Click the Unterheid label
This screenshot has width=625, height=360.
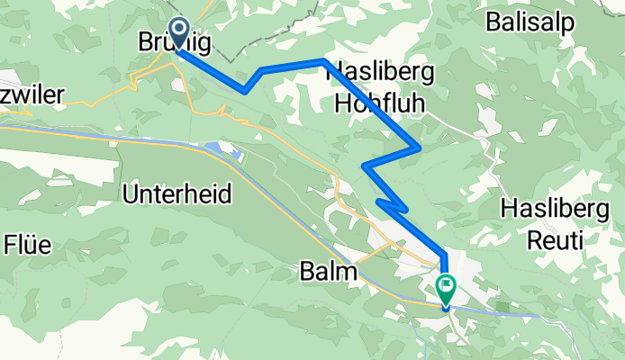click(x=177, y=193)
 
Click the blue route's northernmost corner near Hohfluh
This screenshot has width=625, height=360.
click(x=323, y=60)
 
